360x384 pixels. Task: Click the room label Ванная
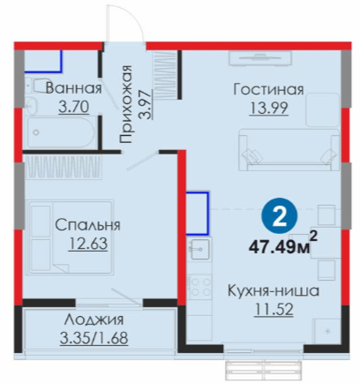pos(74,88)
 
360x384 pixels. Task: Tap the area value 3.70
pos(73,107)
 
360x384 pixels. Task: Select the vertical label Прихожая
pos(125,104)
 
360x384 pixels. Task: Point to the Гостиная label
pos(268,89)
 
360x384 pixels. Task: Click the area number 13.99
pos(268,108)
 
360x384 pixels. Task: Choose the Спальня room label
pos(87,225)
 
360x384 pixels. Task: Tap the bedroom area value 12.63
pos(88,244)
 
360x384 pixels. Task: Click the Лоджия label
pos(94,320)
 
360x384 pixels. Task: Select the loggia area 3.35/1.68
pos(94,338)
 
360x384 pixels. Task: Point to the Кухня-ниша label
pos(274,291)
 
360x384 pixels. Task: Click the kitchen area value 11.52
pos(274,310)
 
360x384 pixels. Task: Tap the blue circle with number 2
pos(280,217)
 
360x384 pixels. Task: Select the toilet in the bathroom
pos(37,87)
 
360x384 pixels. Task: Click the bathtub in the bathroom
pos(61,132)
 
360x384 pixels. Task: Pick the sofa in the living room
pos(289,149)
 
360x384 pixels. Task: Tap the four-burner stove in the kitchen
pos(199,286)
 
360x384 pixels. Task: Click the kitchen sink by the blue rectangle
pos(199,249)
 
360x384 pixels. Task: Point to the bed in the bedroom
pos(70,237)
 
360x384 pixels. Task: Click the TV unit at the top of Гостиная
pos(260,58)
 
